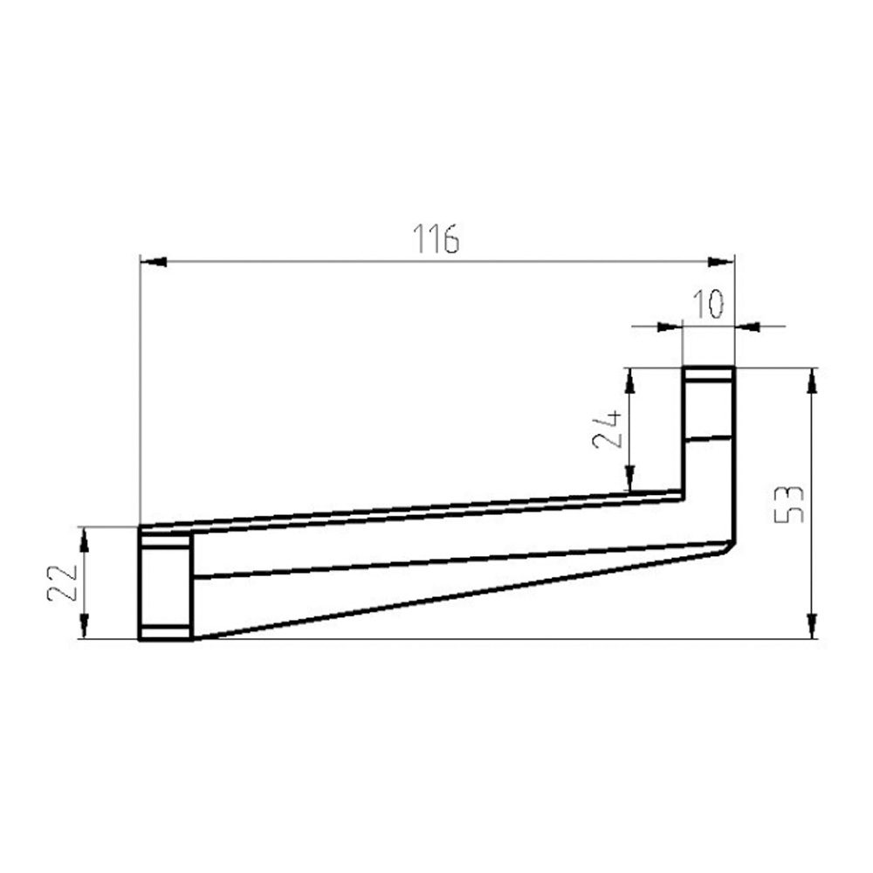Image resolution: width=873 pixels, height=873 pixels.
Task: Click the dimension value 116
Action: (436, 238)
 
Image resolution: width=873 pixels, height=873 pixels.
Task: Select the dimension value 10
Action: (708, 305)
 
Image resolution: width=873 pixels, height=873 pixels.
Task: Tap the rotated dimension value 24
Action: (608, 429)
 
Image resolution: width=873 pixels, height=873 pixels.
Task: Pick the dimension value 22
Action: (63, 582)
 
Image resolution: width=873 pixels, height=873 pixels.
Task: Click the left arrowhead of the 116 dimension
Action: (153, 261)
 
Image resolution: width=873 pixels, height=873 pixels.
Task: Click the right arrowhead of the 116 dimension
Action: (721, 261)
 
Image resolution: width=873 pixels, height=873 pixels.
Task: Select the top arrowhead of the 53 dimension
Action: (813, 381)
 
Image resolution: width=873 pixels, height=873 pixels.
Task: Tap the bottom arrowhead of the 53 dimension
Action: (813, 626)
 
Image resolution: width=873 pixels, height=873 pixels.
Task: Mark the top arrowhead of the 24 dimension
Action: (628, 381)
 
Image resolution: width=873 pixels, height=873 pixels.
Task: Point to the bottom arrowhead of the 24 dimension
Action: (628, 478)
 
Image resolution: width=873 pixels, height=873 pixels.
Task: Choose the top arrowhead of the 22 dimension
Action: (85, 540)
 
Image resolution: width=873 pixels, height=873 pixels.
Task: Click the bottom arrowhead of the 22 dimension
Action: (85, 626)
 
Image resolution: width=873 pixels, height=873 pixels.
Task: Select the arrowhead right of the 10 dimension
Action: (747, 327)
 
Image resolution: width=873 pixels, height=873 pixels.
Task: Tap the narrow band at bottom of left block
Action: (165, 633)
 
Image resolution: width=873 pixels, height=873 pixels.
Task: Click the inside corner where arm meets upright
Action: (683, 494)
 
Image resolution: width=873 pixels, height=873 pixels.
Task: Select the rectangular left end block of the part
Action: (165, 583)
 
